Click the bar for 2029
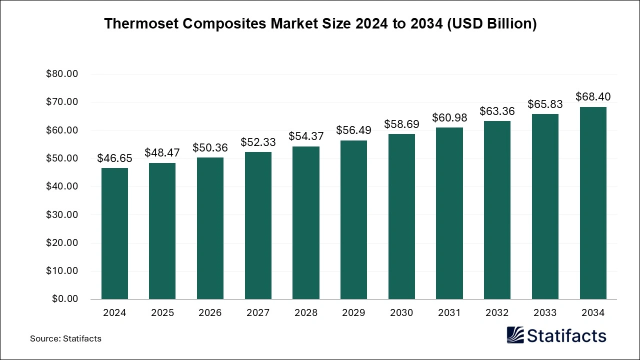pos(353,220)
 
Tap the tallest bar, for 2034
pos(593,203)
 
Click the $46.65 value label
pos(114,158)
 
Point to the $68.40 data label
pos(593,96)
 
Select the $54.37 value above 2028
pos(306,136)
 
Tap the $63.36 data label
pos(497,111)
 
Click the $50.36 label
pos(210,148)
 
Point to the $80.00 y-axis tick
pos(62,74)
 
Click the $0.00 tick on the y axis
pos(64,299)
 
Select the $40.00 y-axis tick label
pos(62,186)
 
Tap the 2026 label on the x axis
pos(210,313)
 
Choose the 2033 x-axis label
pos(545,313)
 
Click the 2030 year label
pos(401,313)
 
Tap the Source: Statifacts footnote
pos(65,338)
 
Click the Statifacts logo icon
pos(515,335)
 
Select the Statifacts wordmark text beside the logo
pos(566,335)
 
